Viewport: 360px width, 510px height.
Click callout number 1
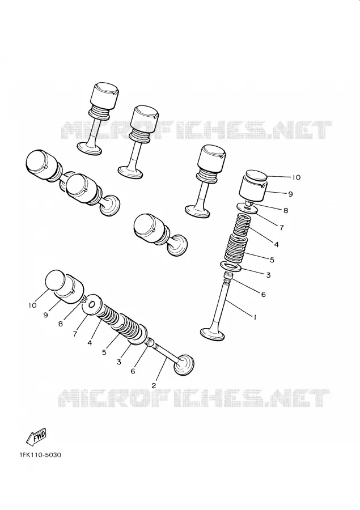[255, 317]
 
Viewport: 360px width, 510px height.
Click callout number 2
[154, 385]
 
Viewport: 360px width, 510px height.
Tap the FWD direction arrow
[36, 436]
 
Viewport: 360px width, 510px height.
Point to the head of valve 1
[213, 334]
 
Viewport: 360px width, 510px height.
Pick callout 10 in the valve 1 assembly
[296, 177]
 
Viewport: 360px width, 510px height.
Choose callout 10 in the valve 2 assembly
[32, 305]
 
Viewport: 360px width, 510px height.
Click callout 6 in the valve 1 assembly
[263, 294]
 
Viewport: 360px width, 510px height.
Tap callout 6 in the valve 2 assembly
[133, 371]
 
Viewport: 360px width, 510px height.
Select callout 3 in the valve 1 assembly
[268, 275]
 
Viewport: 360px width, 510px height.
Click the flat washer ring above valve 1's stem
[231, 267]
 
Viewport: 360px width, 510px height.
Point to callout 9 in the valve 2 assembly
[45, 315]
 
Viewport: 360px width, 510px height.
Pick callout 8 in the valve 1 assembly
[286, 210]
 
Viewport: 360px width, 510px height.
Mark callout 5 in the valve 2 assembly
[104, 352]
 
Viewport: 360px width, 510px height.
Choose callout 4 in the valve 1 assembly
[276, 244]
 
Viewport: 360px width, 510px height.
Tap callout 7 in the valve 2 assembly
[75, 334]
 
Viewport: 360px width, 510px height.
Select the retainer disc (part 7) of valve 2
[92, 305]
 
